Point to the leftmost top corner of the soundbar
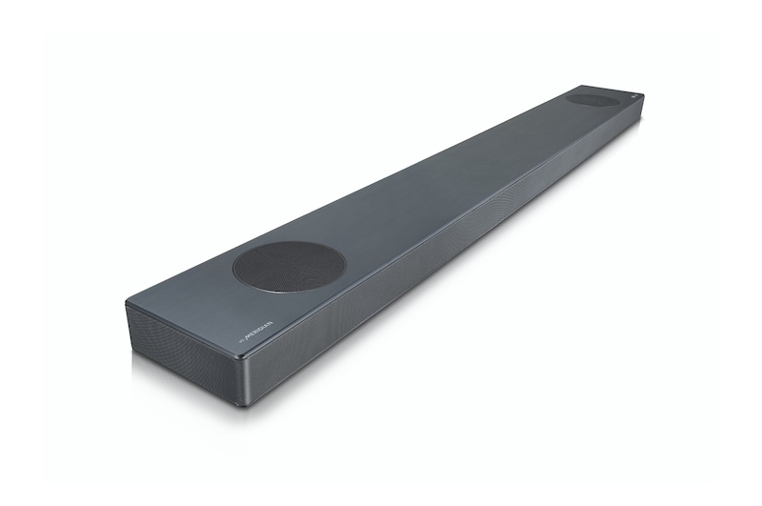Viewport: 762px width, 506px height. pyautogui.click(x=128, y=301)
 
